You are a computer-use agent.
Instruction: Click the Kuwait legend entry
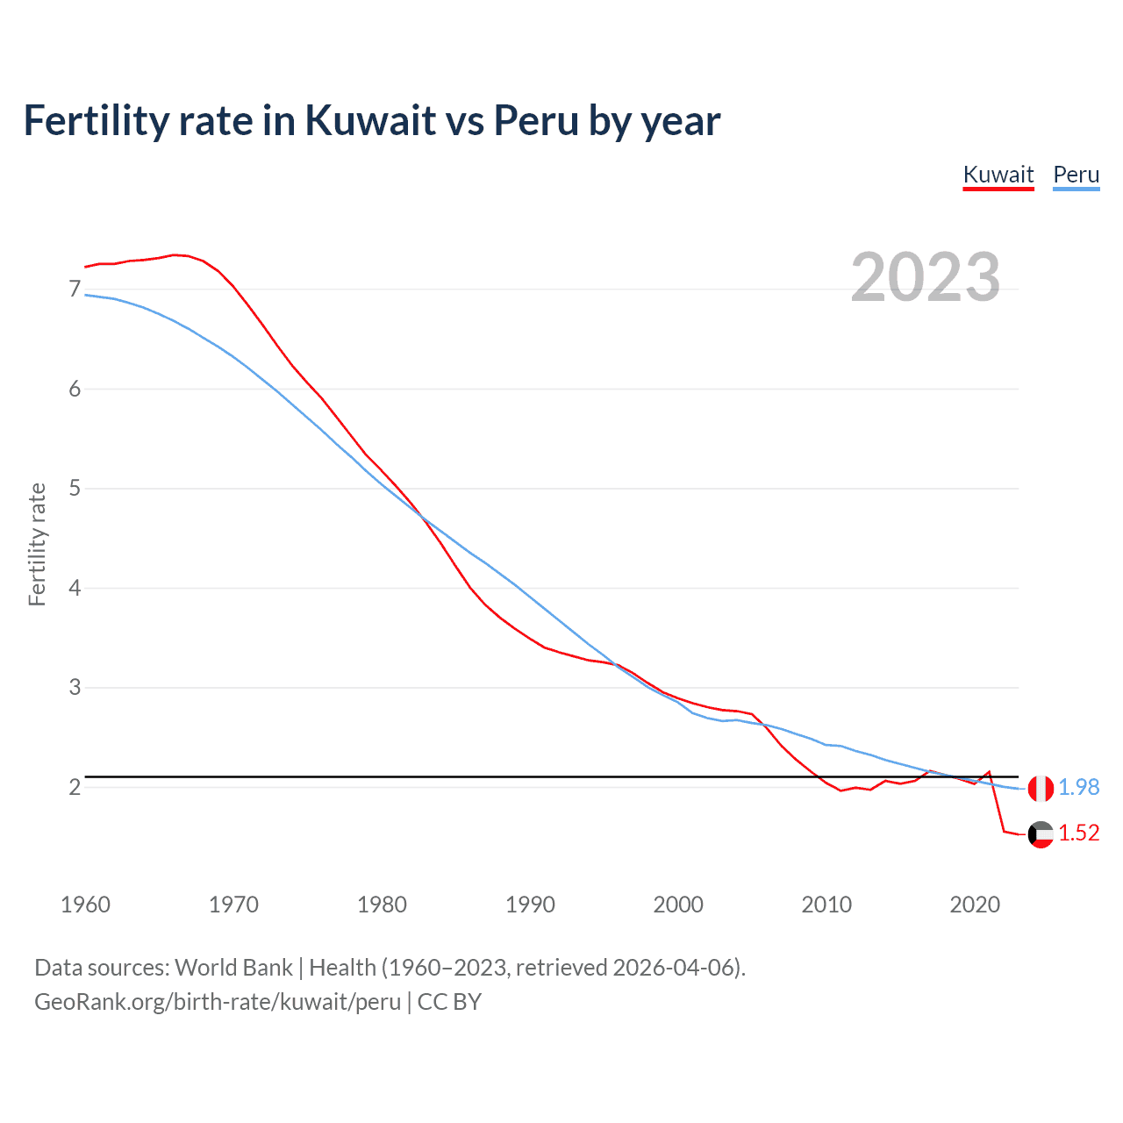pos(998,175)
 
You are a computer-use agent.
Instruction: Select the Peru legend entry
pos(1076,175)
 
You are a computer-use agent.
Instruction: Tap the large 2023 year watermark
pos(926,277)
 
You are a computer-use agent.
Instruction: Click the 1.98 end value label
pos(1078,788)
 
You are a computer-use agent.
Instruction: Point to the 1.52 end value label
pos(1078,833)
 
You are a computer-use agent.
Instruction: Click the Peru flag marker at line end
pos(1041,789)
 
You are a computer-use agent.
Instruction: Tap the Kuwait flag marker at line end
pos(1041,834)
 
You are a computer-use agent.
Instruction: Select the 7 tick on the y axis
pos(75,290)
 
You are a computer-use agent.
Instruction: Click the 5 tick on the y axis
pos(75,489)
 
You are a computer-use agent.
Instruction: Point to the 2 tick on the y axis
pos(75,787)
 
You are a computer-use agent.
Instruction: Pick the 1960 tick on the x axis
pos(85,905)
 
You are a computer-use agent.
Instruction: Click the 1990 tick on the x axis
pos(530,905)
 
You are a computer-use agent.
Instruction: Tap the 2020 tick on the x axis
pos(975,905)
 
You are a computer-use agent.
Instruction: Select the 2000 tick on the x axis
pos(678,905)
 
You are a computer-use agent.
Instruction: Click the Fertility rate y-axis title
pos(37,544)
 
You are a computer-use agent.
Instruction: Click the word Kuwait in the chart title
pos(370,121)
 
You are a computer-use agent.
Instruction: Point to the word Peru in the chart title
pos(535,121)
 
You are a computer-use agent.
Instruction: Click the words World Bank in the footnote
pos(233,968)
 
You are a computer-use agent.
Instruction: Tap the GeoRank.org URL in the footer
pos(218,1002)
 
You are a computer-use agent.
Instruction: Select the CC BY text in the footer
pos(449,1002)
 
